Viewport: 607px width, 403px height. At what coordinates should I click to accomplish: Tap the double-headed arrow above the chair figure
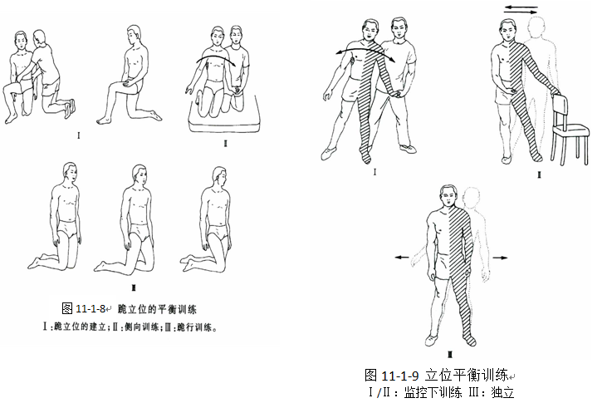point(521,10)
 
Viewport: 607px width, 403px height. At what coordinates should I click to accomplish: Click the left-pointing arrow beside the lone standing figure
point(402,257)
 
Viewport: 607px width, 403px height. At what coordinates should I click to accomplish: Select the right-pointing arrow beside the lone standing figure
point(501,258)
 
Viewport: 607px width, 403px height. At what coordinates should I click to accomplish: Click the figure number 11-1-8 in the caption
point(91,308)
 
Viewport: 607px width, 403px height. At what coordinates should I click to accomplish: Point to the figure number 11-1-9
point(400,376)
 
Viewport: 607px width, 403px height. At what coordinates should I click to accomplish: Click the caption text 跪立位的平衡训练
point(157,309)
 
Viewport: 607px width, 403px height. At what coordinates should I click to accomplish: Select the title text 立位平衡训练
point(466,375)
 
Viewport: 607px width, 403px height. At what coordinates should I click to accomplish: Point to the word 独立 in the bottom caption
point(503,392)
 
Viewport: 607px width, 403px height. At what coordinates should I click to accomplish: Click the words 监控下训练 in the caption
point(433,392)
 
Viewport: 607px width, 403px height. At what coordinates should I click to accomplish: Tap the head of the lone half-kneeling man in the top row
point(135,35)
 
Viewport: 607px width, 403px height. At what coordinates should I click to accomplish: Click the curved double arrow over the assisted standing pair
point(365,49)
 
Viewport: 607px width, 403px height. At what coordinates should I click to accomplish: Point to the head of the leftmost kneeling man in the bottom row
point(70,174)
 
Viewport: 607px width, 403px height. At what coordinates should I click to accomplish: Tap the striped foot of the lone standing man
point(469,339)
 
